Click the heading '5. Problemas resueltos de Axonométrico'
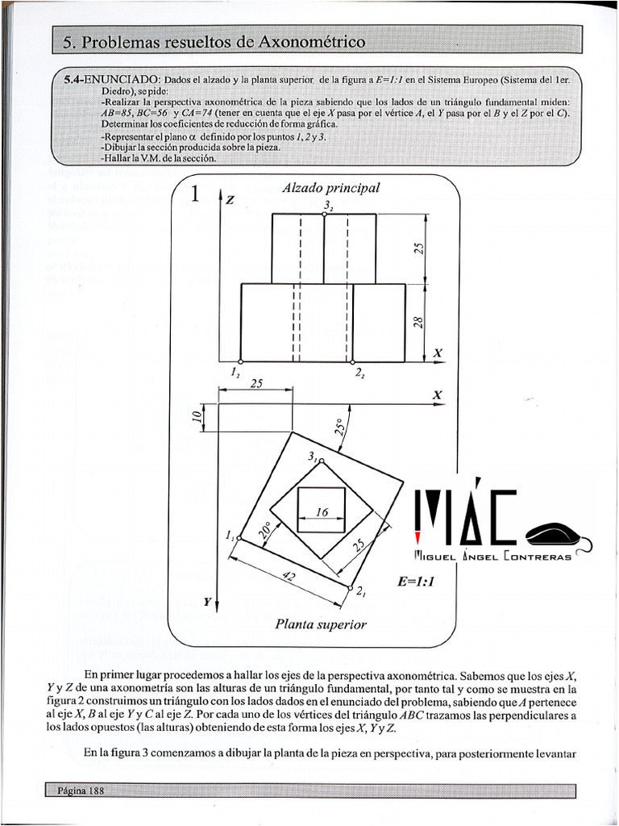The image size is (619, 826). (214, 42)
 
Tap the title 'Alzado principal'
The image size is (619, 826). (330, 188)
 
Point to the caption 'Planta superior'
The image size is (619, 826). (321, 624)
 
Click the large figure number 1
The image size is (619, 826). (194, 196)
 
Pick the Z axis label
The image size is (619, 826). (230, 200)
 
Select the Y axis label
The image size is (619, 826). (207, 602)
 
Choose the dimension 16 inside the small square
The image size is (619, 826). (322, 513)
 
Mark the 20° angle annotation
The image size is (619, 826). (264, 529)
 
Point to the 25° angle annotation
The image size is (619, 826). (341, 427)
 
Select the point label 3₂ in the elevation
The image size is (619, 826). (327, 206)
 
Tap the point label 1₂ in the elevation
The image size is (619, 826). (235, 373)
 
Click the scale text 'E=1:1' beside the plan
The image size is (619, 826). (415, 581)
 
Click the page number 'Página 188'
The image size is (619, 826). (81, 791)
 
